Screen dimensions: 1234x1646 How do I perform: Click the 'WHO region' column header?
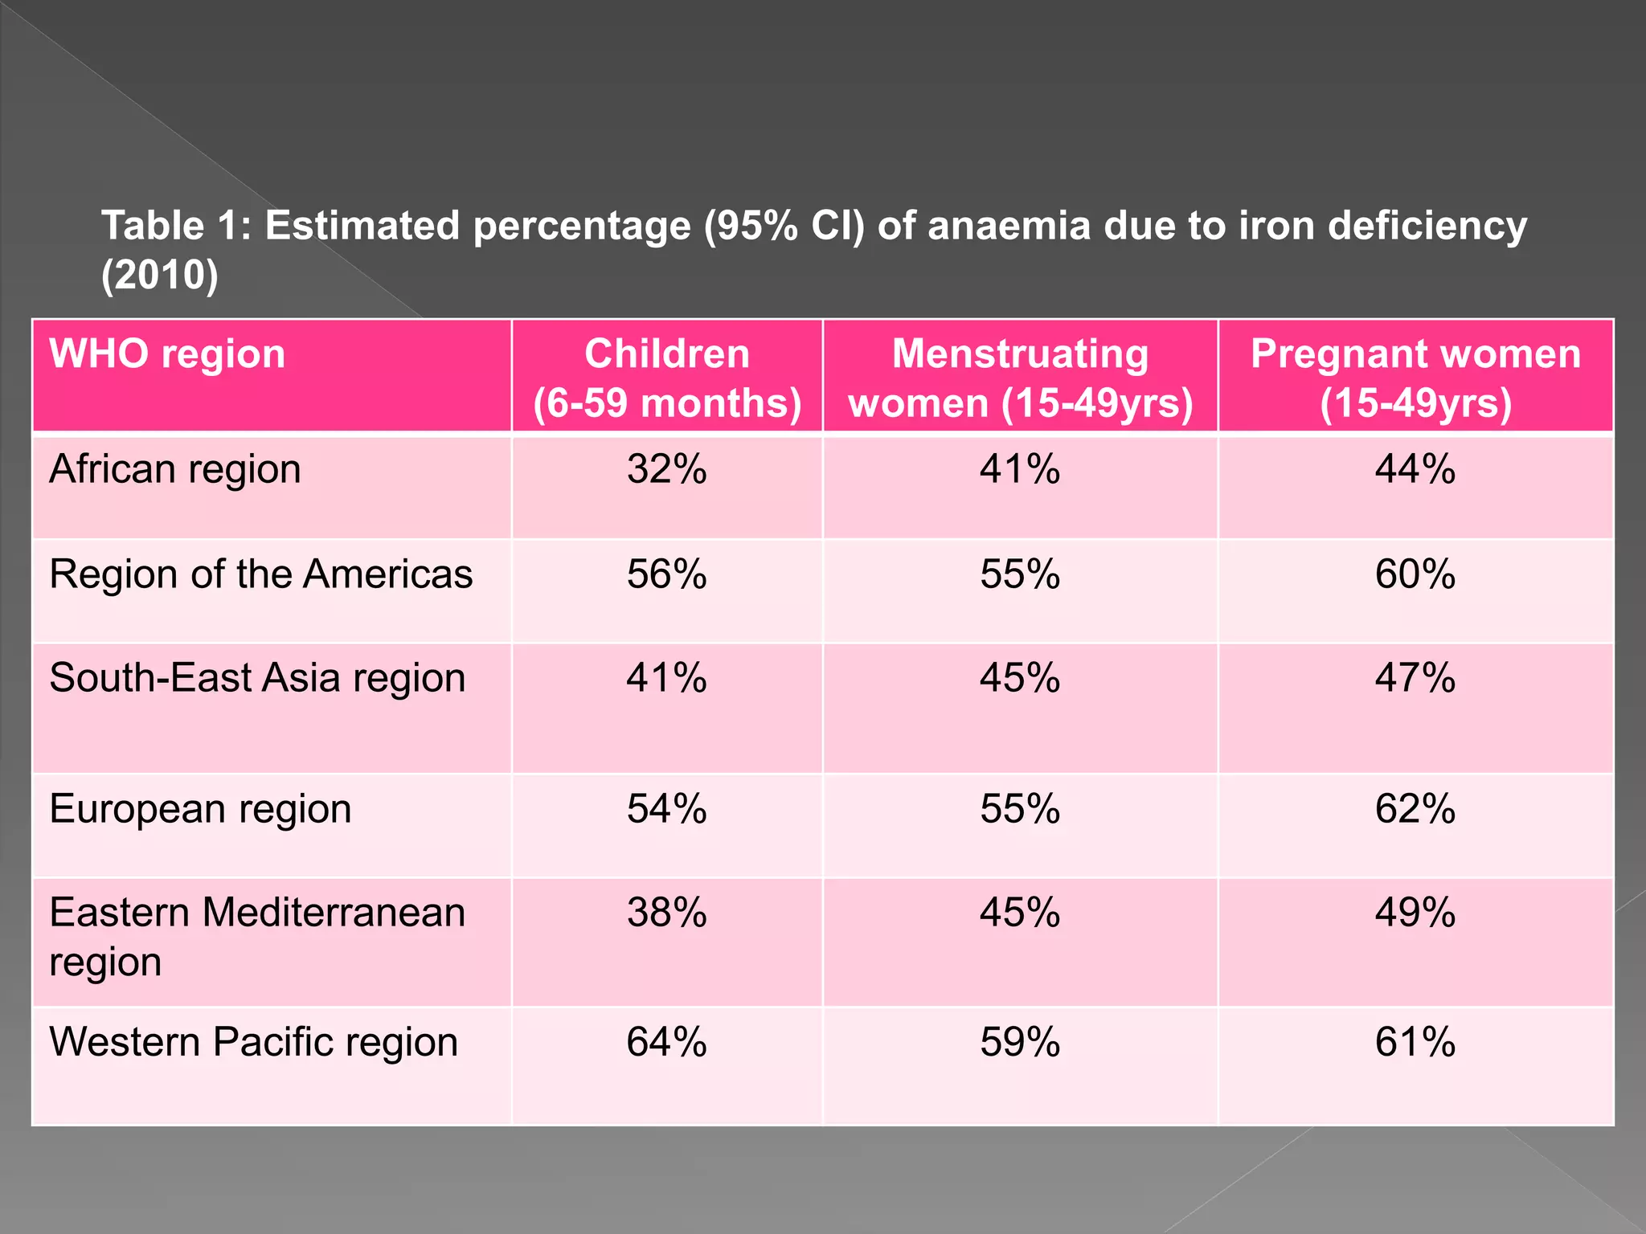coord(167,354)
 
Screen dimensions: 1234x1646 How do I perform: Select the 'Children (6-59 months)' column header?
coord(667,378)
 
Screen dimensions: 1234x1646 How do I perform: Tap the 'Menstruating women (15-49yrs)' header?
coord(1020,378)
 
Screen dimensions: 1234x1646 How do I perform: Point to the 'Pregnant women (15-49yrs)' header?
coord(1415,378)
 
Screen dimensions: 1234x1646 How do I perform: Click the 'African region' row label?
coord(175,469)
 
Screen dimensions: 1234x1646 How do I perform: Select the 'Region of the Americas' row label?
coord(261,574)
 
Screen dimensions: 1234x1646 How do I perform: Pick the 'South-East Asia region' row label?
coord(257,678)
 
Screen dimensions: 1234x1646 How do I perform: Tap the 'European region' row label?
coord(200,809)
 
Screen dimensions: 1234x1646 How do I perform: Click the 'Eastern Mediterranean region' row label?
coord(257,937)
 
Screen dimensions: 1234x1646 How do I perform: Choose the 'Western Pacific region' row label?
coord(254,1042)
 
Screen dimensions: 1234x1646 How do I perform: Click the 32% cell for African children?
coord(667,469)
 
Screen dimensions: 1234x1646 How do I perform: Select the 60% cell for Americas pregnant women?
coord(1415,574)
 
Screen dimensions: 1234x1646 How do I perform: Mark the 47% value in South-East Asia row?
coord(1415,678)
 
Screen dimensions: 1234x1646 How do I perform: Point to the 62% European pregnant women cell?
coord(1415,809)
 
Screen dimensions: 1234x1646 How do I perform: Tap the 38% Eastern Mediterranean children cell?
coord(667,913)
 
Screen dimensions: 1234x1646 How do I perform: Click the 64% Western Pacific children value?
coord(667,1042)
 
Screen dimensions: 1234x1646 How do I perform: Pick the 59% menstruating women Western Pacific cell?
coord(1020,1042)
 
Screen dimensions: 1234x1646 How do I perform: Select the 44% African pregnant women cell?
coord(1415,469)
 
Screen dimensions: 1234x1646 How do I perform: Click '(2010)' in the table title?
coord(160,276)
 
